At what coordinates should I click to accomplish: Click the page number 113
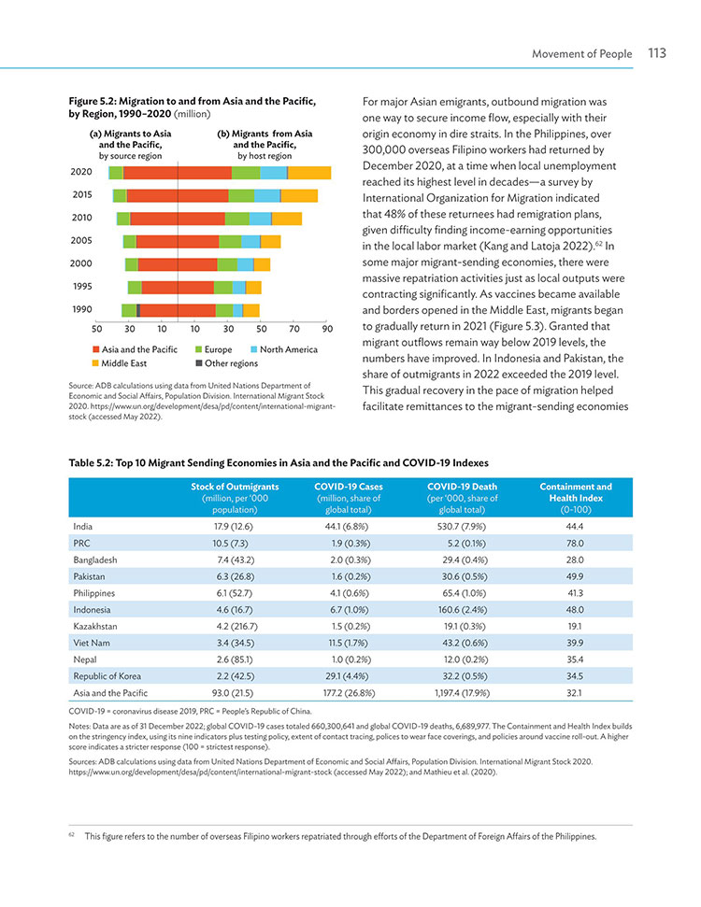pyautogui.click(x=657, y=53)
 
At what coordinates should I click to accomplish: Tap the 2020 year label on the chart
pyautogui.click(x=81, y=172)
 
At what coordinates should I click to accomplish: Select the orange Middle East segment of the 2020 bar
pyautogui.click(x=309, y=173)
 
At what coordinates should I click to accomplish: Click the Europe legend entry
pyautogui.click(x=214, y=349)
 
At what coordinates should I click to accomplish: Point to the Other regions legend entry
pyautogui.click(x=227, y=363)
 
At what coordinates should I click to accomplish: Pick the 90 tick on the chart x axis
pyautogui.click(x=328, y=329)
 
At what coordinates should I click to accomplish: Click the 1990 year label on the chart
pyautogui.click(x=82, y=309)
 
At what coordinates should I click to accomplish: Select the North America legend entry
pyautogui.click(x=284, y=349)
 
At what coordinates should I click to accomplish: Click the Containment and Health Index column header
pyautogui.click(x=576, y=498)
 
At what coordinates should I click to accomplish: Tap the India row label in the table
pyautogui.click(x=83, y=527)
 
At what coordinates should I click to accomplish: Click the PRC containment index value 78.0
pyautogui.click(x=575, y=543)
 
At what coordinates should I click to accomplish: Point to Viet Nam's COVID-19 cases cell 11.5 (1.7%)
pyautogui.click(x=348, y=644)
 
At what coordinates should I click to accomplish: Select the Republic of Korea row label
pyautogui.click(x=107, y=676)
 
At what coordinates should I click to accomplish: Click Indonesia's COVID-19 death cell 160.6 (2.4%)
pyautogui.click(x=462, y=610)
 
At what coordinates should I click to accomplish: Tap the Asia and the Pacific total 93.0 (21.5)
pyautogui.click(x=233, y=693)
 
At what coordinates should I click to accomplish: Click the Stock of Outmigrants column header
pyautogui.click(x=235, y=498)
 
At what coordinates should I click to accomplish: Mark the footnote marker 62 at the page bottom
pyautogui.click(x=72, y=835)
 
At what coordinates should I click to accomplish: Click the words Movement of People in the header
pyautogui.click(x=581, y=54)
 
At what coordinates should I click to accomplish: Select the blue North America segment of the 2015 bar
pyautogui.click(x=267, y=195)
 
